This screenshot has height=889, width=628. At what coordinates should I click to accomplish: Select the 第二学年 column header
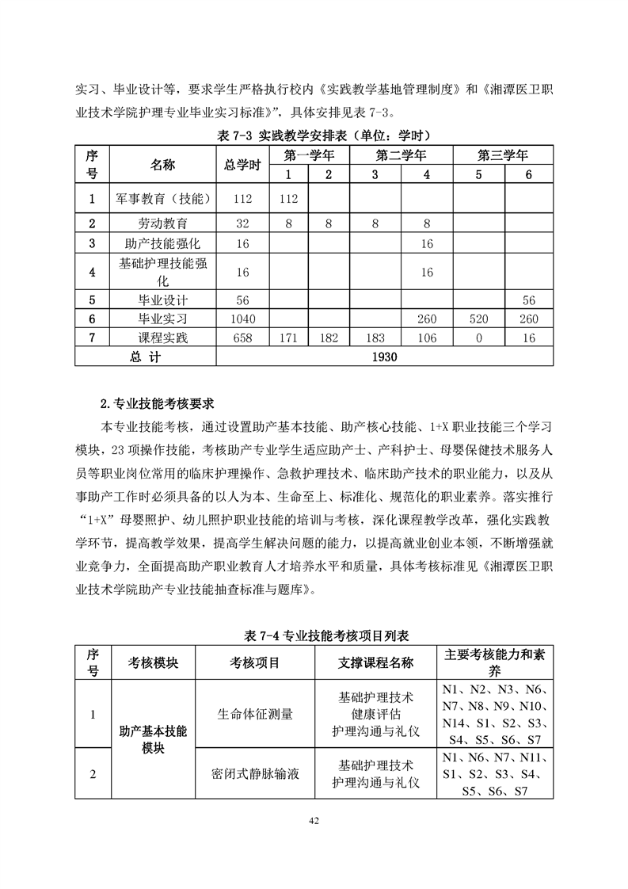pyautogui.click(x=401, y=155)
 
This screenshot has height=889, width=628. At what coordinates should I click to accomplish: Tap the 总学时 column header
pyautogui.click(x=242, y=165)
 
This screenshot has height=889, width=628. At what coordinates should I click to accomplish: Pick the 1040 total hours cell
pyautogui.click(x=242, y=319)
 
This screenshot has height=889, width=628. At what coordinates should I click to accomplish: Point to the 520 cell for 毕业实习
pyautogui.click(x=478, y=319)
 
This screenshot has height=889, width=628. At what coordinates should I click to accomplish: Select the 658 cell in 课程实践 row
pyautogui.click(x=242, y=338)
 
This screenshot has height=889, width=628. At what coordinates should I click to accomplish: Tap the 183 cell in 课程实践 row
pyautogui.click(x=375, y=338)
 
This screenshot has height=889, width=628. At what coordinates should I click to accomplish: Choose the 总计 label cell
pyautogui.click(x=145, y=357)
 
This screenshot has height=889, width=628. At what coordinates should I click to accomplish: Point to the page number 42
pyautogui.click(x=314, y=820)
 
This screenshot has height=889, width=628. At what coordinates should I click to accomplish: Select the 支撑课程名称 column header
pyautogui.click(x=375, y=662)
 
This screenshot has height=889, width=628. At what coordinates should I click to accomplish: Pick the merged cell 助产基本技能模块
pyautogui.click(x=153, y=740)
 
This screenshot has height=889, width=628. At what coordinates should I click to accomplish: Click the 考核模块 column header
pyautogui.click(x=153, y=662)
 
